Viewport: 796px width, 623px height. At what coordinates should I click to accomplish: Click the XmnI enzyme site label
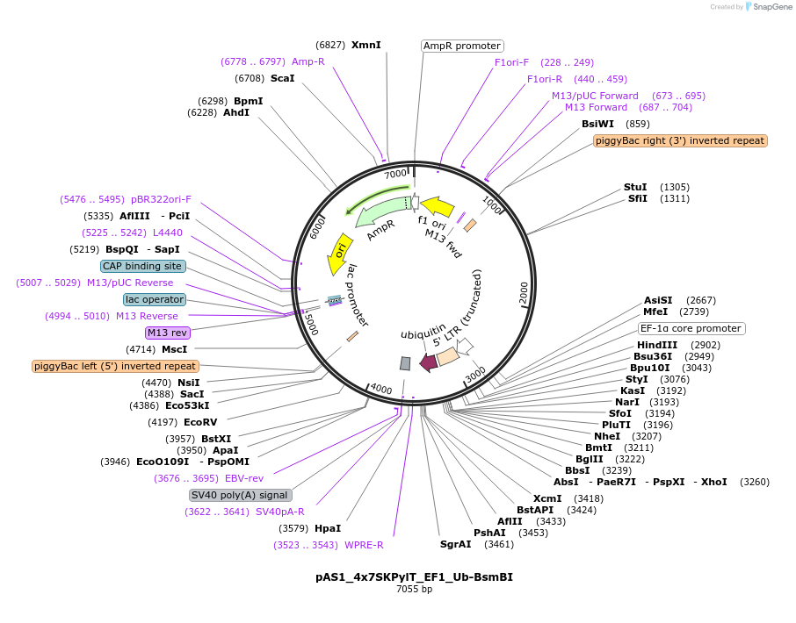click(365, 44)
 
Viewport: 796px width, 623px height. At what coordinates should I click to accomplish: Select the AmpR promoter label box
click(462, 46)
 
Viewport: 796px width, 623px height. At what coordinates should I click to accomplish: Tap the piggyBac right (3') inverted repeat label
click(680, 140)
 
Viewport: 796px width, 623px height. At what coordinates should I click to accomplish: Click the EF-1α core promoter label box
click(691, 329)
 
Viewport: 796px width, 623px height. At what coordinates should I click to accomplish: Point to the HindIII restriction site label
click(657, 345)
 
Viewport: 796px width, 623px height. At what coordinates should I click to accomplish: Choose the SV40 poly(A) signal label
click(240, 495)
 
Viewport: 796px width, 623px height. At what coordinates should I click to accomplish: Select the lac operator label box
click(155, 299)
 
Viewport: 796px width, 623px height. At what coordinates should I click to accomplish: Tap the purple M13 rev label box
click(168, 333)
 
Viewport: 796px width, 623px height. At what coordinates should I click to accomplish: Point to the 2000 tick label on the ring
click(524, 294)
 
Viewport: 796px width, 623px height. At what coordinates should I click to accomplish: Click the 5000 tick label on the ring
click(310, 322)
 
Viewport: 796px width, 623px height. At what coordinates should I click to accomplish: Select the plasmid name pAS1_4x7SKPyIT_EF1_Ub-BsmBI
click(414, 577)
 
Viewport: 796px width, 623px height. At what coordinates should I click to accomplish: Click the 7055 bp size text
click(414, 590)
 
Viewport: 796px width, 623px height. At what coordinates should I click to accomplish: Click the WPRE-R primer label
click(363, 545)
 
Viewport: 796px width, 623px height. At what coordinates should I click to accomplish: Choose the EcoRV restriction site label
click(199, 422)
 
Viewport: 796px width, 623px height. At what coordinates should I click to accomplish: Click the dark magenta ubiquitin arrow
click(429, 362)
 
